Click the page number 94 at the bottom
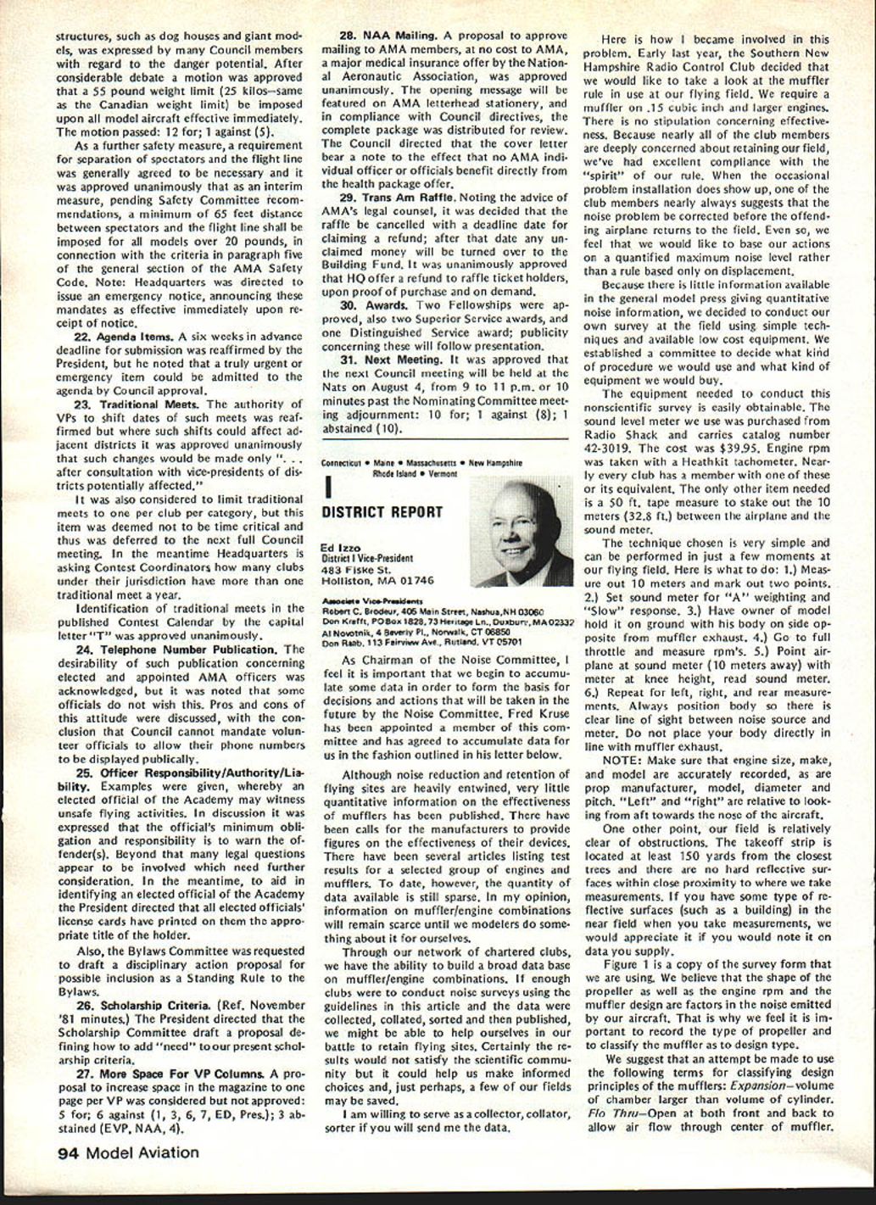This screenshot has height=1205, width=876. point(70,1152)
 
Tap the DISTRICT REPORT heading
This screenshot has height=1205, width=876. point(382,512)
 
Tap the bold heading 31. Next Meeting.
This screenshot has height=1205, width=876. point(387,359)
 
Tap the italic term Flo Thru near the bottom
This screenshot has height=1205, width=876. point(610,1113)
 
